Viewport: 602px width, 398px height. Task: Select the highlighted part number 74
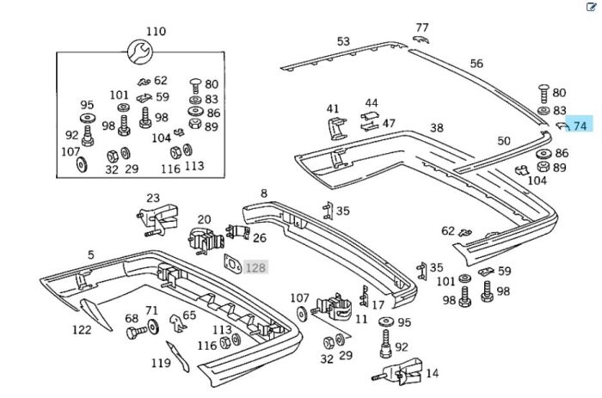point(580,126)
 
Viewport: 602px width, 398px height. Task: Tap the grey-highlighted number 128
point(255,268)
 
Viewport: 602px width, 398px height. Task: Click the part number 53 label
point(343,41)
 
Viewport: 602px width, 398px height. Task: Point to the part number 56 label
point(476,64)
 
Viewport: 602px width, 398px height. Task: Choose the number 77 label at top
point(421,28)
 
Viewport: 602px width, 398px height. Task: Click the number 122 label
point(81,329)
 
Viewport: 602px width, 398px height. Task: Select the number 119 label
point(161,363)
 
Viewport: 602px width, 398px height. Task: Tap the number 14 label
point(432,373)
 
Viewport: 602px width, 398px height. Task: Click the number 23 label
point(153,199)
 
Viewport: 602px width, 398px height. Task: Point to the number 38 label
point(437,128)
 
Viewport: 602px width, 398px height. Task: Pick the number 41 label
point(333,108)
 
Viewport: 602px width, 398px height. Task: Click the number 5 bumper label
point(90,254)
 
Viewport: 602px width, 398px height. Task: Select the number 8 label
point(264,194)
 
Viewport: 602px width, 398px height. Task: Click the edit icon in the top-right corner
point(591,7)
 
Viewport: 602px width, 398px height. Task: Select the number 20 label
point(204,220)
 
